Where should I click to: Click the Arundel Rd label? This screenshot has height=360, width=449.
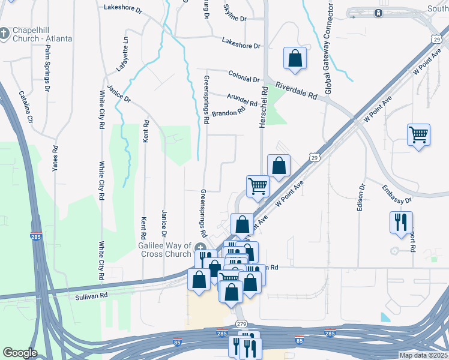(x=242, y=100)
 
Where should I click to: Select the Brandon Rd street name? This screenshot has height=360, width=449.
(x=229, y=112)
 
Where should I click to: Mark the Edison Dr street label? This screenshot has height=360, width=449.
(x=362, y=201)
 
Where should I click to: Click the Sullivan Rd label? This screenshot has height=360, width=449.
(x=91, y=295)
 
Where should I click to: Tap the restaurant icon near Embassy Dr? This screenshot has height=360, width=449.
(x=400, y=222)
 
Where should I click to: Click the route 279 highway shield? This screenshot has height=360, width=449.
(x=241, y=324)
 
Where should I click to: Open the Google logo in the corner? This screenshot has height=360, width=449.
(x=20, y=353)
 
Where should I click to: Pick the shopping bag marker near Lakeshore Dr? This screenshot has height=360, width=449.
(x=295, y=58)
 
